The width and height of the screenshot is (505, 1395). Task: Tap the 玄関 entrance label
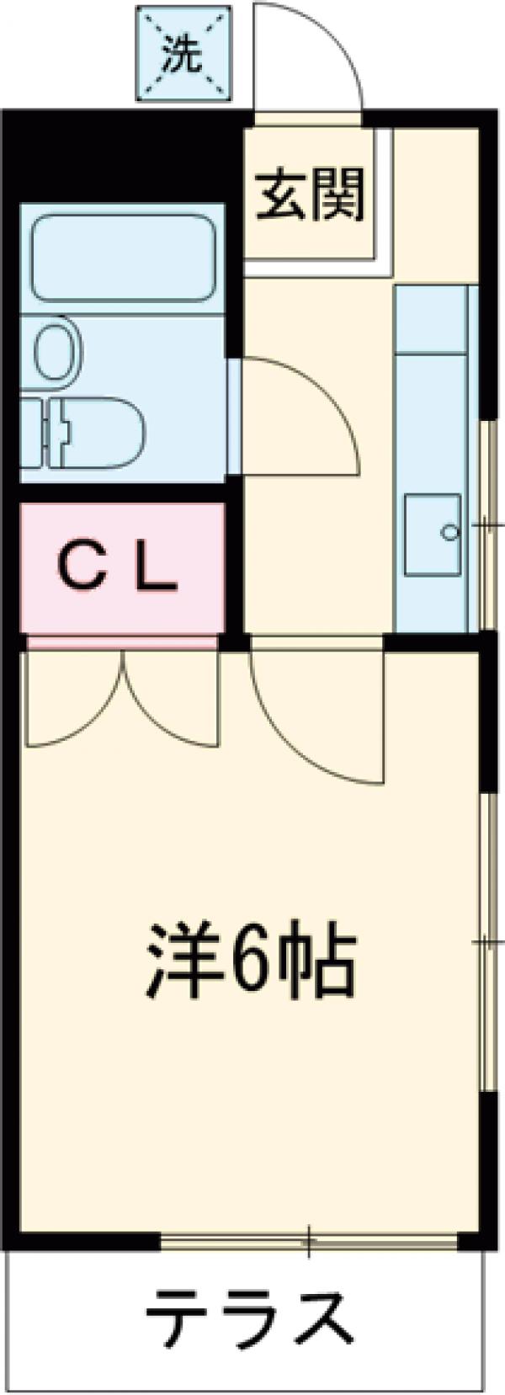pos(311,194)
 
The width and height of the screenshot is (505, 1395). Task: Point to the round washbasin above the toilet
pos(57,347)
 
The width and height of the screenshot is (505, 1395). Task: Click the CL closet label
pos(120,569)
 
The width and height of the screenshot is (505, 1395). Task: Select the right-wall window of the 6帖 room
pos(487,943)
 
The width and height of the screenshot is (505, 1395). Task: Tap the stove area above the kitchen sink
pos(432,320)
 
